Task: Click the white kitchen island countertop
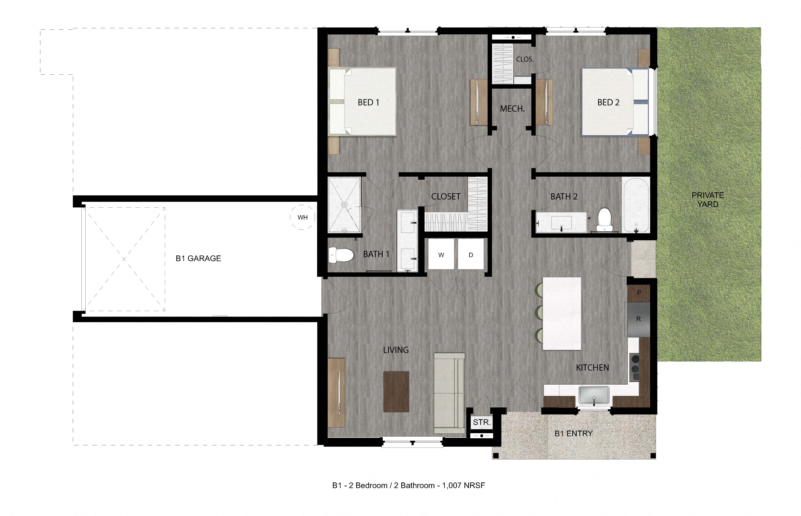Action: click(562, 313)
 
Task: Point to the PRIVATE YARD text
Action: click(707, 200)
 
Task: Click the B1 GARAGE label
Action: click(198, 258)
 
